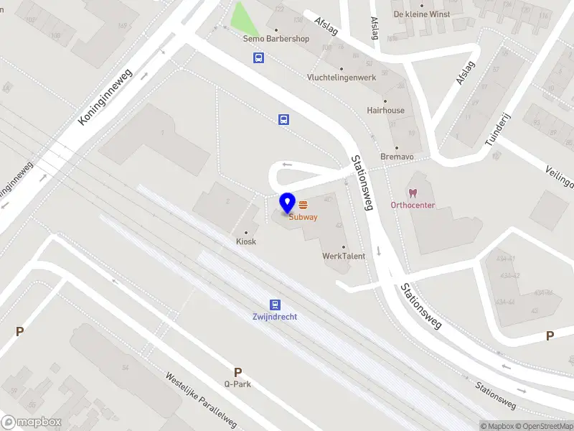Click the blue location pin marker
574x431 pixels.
pyautogui.click(x=288, y=204)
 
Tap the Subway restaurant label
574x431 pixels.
pyautogui.click(x=304, y=217)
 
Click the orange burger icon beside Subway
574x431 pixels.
pyautogui.click(x=304, y=205)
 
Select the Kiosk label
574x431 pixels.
pyautogui.click(x=246, y=241)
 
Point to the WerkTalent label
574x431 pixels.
pyautogui.click(x=344, y=256)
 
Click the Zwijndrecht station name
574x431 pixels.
pyautogui.click(x=274, y=317)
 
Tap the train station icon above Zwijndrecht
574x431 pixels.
pyautogui.click(x=275, y=305)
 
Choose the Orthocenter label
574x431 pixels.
pyautogui.click(x=413, y=205)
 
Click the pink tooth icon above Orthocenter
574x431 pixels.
pyautogui.click(x=413, y=193)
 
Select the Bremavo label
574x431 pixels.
pyautogui.click(x=397, y=156)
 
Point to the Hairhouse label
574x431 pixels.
pyautogui.click(x=385, y=111)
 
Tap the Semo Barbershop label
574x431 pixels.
pyautogui.click(x=276, y=39)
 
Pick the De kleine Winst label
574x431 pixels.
pyautogui.click(x=421, y=14)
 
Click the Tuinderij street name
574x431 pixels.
pyautogui.click(x=496, y=129)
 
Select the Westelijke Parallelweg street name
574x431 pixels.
pyautogui.click(x=201, y=399)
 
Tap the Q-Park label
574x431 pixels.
pyautogui.click(x=237, y=384)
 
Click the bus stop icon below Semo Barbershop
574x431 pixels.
pyautogui.click(x=257, y=58)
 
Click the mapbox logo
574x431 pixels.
pyautogui.click(x=31, y=422)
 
